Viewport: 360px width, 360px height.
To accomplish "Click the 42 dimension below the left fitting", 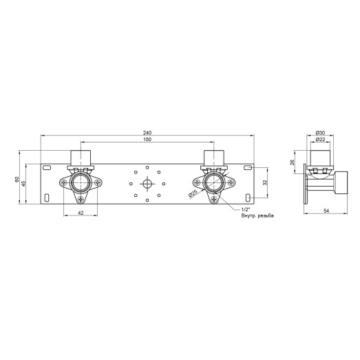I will (x=81, y=213).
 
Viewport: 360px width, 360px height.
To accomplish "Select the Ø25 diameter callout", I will (x=194, y=194).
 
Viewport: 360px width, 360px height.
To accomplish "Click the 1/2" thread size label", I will (x=246, y=209).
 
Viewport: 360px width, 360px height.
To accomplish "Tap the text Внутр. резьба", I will (x=257, y=215).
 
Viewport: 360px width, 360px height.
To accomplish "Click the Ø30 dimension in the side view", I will (x=320, y=132).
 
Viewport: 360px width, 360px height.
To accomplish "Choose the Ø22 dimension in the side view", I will (x=320, y=140).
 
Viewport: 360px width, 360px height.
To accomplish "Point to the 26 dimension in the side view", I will (x=293, y=162).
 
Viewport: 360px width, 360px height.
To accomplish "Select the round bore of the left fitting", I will (x=81, y=183).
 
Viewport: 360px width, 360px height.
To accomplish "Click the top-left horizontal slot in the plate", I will (x=47, y=168).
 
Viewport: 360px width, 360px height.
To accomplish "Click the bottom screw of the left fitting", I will (x=81, y=199).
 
